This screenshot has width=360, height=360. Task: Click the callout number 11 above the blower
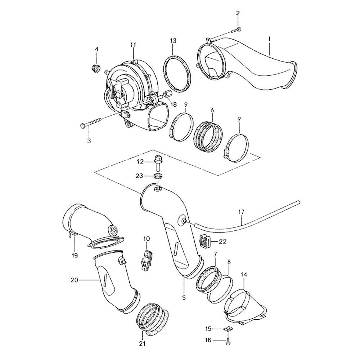click(133, 45)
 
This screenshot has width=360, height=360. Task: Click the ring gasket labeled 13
click(177, 72)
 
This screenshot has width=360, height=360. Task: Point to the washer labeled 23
click(157, 176)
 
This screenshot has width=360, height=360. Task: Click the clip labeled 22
click(204, 240)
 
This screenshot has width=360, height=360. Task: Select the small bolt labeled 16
click(228, 340)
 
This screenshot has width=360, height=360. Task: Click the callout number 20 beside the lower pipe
click(75, 279)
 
